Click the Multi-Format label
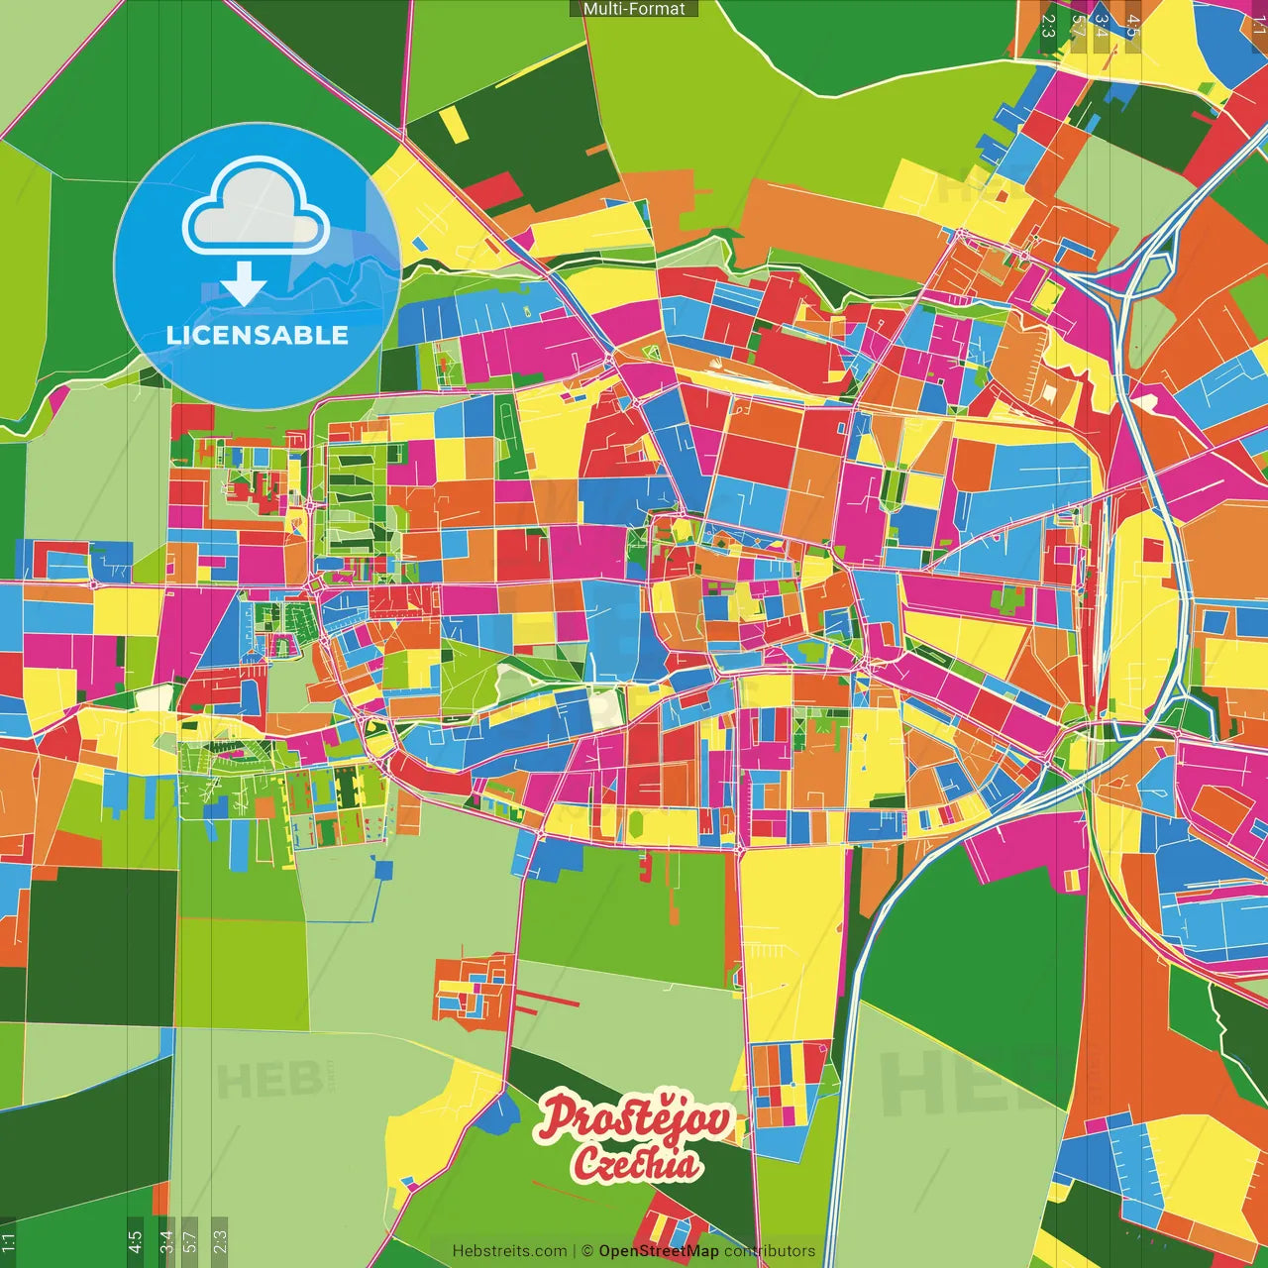pos(634,9)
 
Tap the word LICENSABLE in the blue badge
pos(258,335)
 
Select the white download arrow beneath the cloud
pos(244,285)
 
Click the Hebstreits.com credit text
pos(509,1251)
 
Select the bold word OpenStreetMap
pos(659,1251)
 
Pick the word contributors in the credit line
pos(770,1251)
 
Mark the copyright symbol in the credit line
pos(586,1251)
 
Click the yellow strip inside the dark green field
pos(452,124)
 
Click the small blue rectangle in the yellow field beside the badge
pos(420,242)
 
